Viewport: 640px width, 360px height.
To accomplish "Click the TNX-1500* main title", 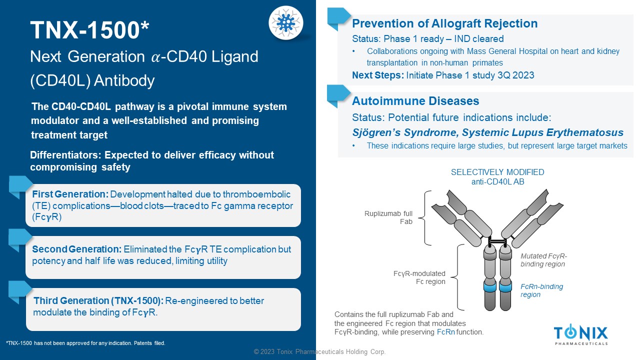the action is (x=89, y=30).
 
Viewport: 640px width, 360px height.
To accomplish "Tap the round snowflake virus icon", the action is (x=285, y=23).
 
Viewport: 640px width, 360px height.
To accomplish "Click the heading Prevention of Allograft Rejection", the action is (x=444, y=23).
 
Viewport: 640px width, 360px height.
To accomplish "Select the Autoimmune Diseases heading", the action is (x=415, y=101).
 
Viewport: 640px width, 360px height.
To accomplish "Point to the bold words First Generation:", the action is (x=70, y=194).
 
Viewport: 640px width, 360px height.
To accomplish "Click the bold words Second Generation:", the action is (x=77, y=249).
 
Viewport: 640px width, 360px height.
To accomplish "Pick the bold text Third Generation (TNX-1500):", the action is (x=98, y=301).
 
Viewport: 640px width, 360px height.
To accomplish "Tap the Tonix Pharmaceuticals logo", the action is (x=581, y=334).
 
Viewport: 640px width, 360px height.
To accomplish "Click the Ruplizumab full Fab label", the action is (x=388, y=217).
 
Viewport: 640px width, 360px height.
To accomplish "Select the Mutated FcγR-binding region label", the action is (x=543, y=260).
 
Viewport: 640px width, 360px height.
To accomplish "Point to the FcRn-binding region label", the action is (x=541, y=290).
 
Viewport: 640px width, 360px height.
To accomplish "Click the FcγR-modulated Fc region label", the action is (x=419, y=277).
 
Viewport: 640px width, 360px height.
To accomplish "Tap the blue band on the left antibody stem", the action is (x=489, y=287).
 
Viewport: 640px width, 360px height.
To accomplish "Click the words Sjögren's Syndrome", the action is (x=405, y=132).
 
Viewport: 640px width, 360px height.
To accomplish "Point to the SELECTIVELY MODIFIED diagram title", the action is (x=497, y=172).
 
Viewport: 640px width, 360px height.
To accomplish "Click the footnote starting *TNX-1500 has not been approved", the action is (x=85, y=343).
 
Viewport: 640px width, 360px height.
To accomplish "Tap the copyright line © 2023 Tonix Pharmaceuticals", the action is (x=319, y=351).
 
